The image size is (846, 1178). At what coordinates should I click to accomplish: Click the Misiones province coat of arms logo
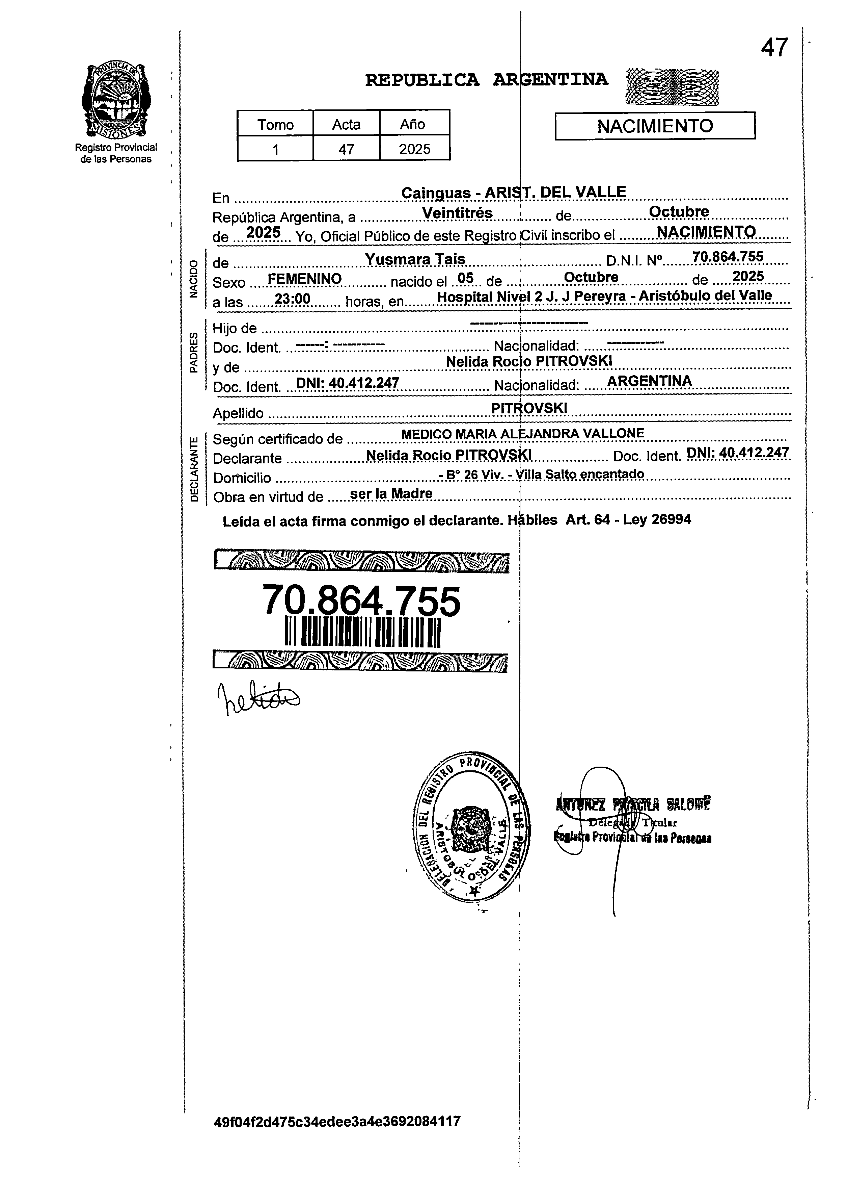click(116, 99)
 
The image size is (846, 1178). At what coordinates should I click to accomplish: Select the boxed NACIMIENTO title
click(655, 126)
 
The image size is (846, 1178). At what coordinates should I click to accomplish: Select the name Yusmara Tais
click(415, 259)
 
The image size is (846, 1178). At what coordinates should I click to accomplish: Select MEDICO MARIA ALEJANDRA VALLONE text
click(523, 433)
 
